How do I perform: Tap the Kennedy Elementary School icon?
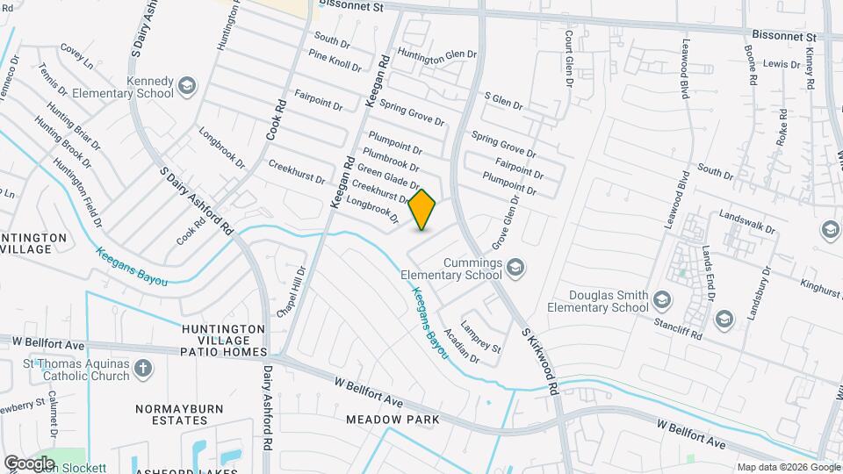point(186,86)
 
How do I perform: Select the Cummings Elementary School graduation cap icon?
point(516,266)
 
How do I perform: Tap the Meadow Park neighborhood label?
point(392,420)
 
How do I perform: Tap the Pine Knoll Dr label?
point(335,61)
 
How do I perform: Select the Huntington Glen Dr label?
point(437,54)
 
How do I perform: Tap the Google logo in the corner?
point(29,463)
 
